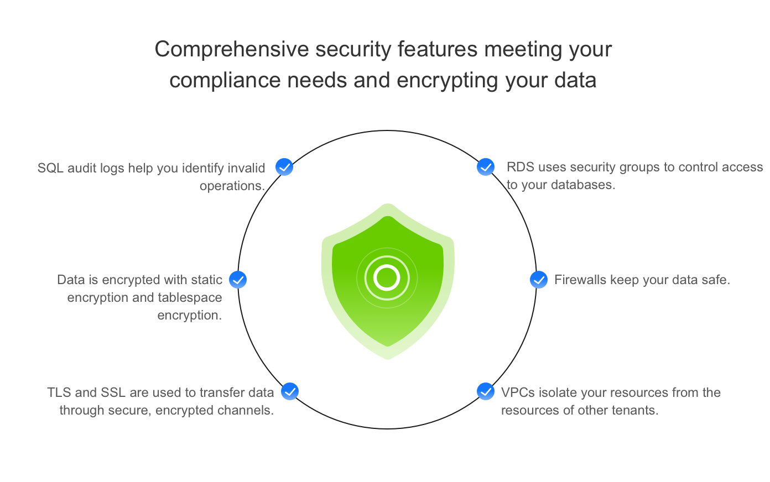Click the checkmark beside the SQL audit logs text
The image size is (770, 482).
tap(284, 167)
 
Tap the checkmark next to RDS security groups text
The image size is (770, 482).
tap(486, 167)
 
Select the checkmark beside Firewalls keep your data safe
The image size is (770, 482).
tap(539, 280)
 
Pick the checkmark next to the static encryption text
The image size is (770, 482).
tap(238, 280)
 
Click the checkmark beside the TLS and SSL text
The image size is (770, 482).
tap(290, 391)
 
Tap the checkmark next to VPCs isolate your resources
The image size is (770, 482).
tap(486, 391)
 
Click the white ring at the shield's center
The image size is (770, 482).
tap(387, 277)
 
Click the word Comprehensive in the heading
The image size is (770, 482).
tap(231, 50)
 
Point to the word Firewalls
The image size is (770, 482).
tap(580, 280)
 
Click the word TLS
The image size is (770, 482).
tap(59, 392)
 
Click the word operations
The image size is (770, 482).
tap(232, 186)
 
